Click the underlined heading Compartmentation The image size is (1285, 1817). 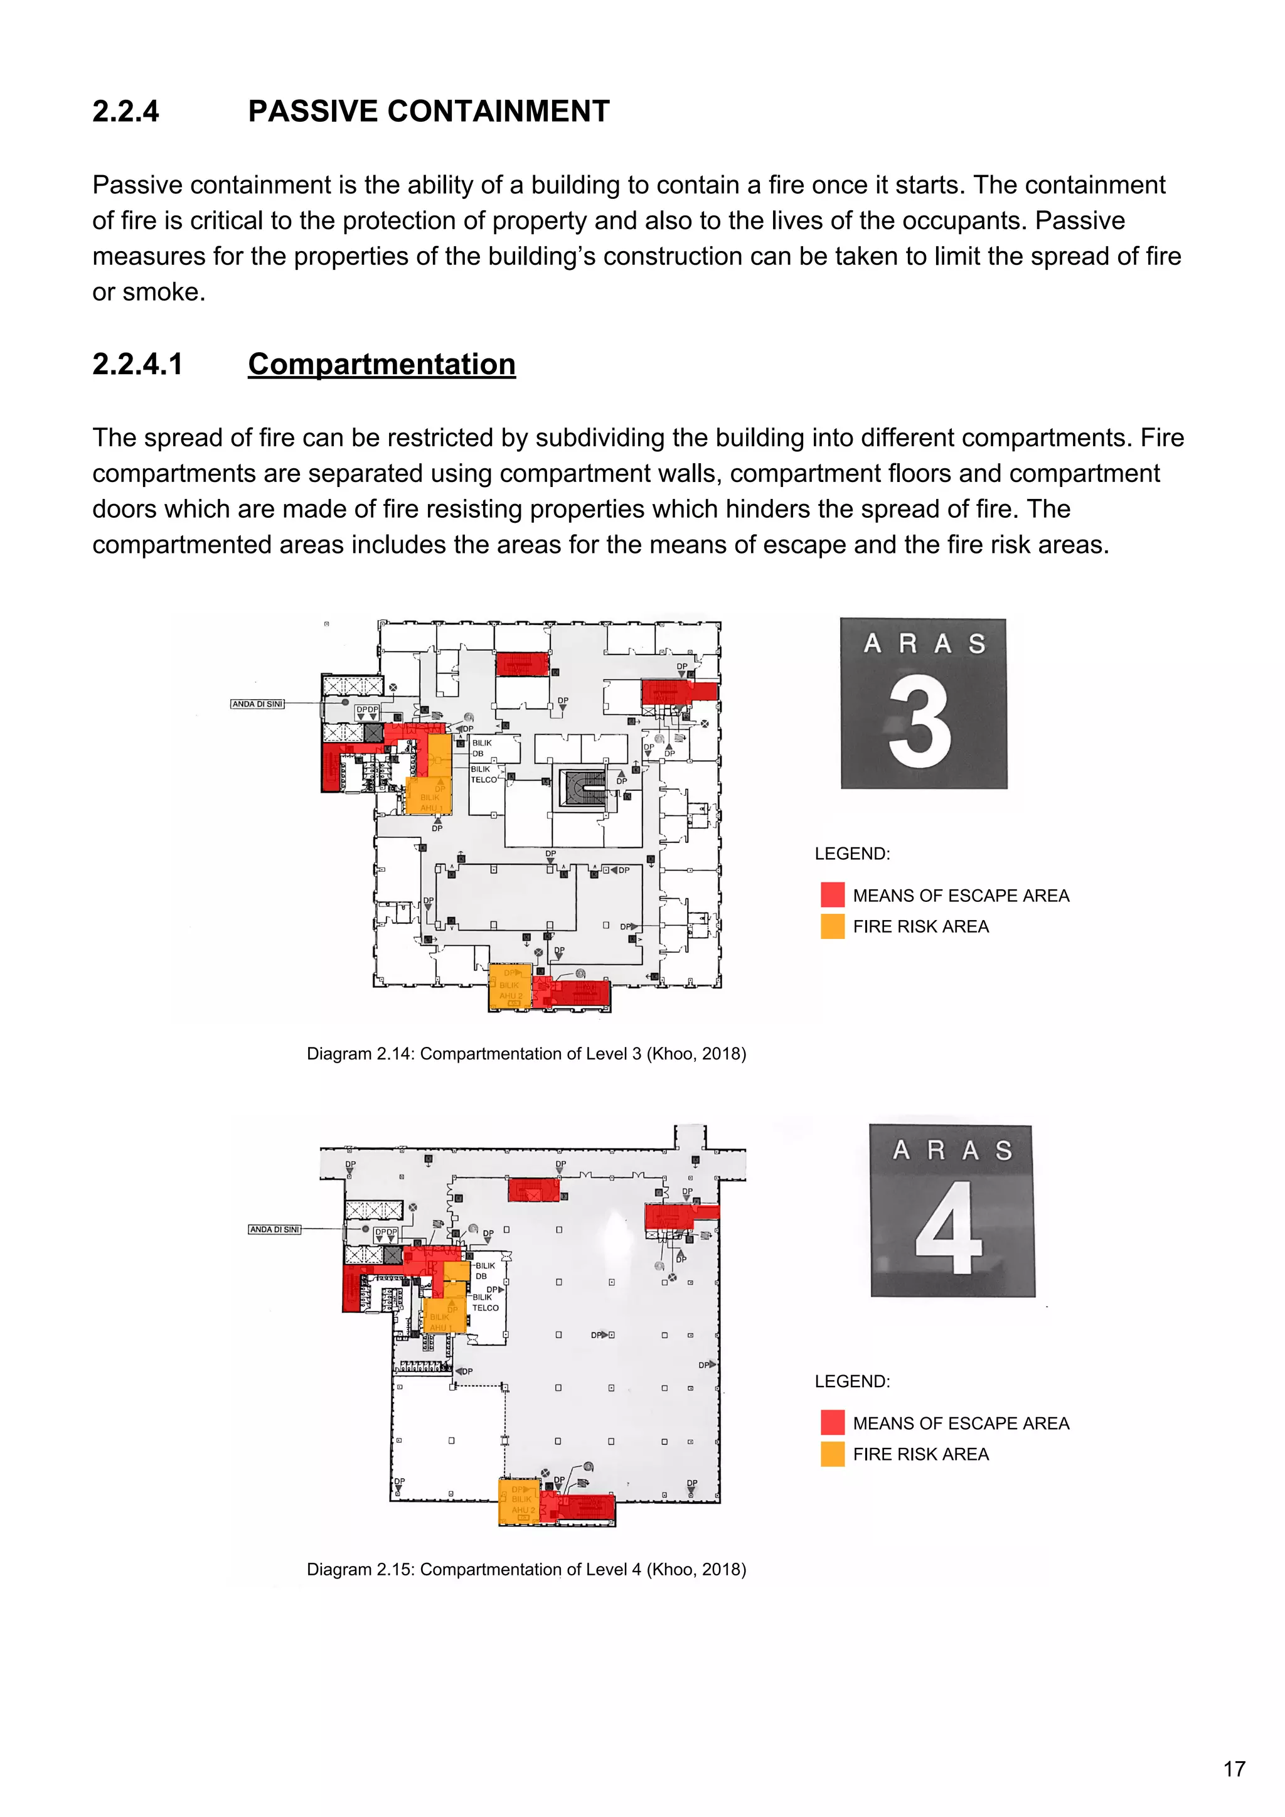(381, 364)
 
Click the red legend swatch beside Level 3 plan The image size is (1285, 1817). (833, 895)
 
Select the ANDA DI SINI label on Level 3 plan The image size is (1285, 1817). (257, 704)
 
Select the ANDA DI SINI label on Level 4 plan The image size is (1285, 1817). (275, 1229)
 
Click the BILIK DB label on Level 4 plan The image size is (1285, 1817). (484, 1270)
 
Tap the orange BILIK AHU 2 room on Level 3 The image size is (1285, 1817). (509, 987)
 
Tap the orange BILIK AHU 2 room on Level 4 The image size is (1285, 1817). (518, 1501)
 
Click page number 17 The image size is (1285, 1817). (1234, 1769)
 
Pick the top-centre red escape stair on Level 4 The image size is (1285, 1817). (533, 1189)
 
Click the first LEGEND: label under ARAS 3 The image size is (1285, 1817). (852, 854)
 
